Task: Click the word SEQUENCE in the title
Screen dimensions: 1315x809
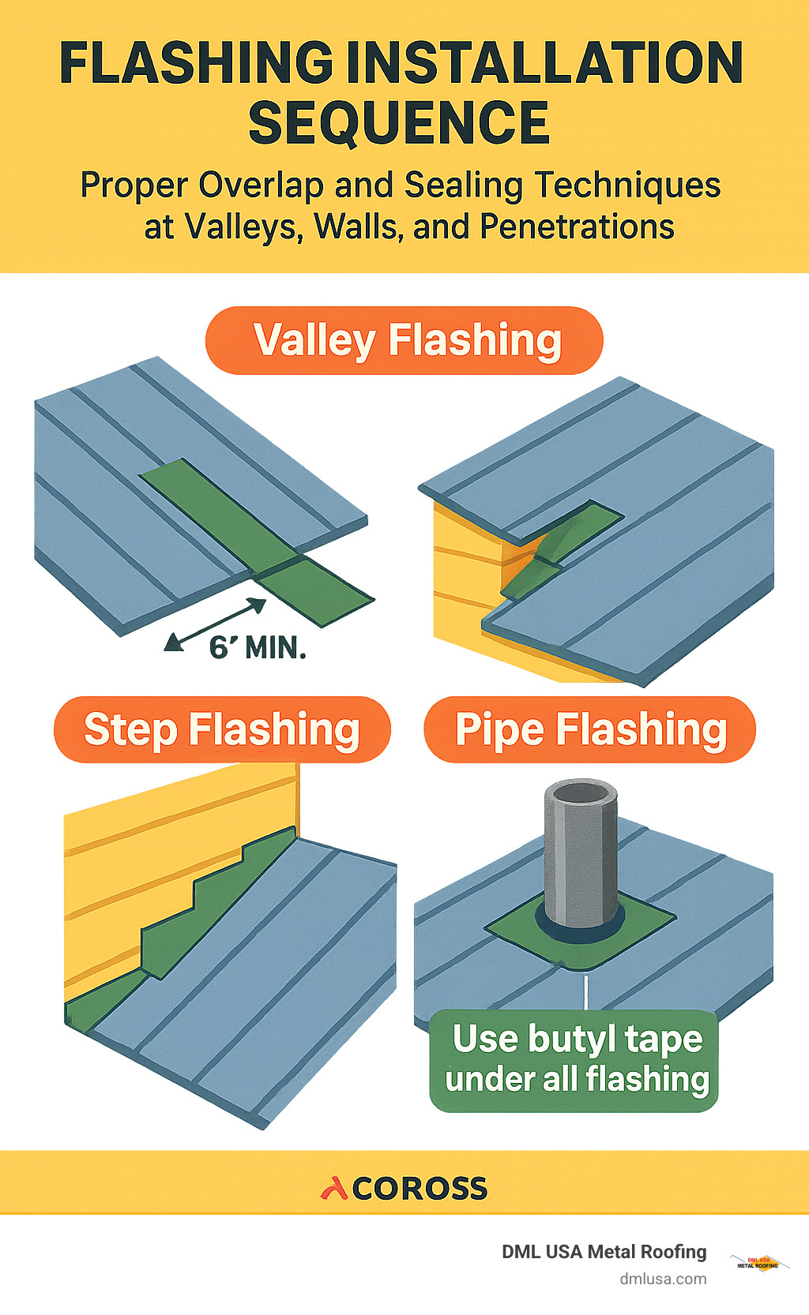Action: point(399,122)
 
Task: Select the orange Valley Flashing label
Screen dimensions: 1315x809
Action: point(404,340)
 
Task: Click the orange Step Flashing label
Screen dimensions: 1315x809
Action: point(222,729)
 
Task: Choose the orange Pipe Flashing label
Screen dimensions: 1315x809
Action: point(590,729)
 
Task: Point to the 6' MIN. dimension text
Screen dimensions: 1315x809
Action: point(257,649)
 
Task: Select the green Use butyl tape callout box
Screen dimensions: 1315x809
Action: point(574,1060)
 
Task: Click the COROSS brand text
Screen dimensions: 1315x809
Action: point(420,1189)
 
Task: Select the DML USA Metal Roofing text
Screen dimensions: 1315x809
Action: point(604,1252)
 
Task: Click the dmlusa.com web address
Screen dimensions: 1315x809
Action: point(662,1279)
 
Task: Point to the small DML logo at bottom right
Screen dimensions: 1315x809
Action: point(758,1262)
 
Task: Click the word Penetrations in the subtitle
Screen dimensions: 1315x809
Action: point(577,227)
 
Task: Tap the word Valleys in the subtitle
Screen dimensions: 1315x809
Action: point(243,227)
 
